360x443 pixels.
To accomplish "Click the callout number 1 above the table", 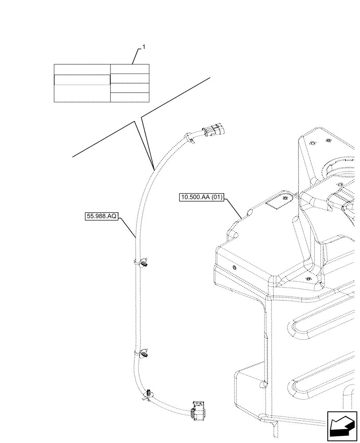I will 143,47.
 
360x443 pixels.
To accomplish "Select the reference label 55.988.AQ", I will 101,216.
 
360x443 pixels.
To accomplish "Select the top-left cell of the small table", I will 82,69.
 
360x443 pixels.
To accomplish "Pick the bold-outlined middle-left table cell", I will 82,79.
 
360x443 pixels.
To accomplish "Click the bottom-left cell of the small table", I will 82,93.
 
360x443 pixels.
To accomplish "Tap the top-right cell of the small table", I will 129,69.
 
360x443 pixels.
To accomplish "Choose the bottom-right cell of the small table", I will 129,97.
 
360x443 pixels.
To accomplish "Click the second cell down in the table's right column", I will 129,78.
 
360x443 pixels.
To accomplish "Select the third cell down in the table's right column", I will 129,88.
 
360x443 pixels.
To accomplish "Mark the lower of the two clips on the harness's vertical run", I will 145,354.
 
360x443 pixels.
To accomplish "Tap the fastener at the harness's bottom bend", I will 149,393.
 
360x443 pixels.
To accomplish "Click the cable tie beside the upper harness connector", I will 191,138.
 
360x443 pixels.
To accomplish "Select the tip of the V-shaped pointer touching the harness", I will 153,168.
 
